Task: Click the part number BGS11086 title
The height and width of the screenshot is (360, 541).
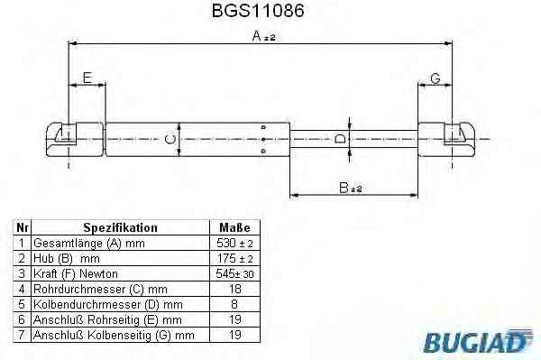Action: tap(258, 11)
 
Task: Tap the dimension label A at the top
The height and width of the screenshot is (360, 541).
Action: tap(264, 36)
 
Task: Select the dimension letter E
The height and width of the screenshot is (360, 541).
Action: tap(87, 78)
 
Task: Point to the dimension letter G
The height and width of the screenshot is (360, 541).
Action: tap(436, 78)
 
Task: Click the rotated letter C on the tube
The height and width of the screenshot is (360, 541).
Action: tap(170, 140)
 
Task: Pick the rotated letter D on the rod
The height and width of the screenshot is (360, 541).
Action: tap(340, 139)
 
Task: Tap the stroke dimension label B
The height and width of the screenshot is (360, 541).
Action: tap(351, 188)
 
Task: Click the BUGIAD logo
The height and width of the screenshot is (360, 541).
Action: tap(478, 341)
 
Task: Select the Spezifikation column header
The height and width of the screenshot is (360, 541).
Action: tap(121, 227)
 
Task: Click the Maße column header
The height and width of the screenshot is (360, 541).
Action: tap(235, 227)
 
